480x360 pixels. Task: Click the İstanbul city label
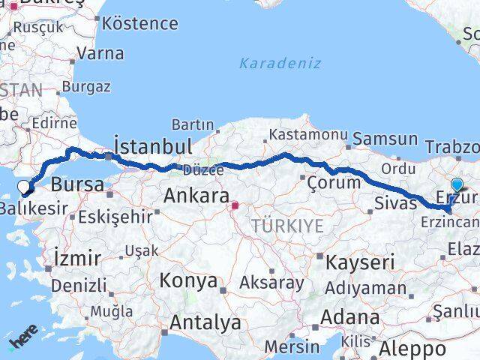[x=153, y=145]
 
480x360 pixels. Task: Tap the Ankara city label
[x=196, y=196]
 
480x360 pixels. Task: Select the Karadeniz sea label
[x=280, y=63]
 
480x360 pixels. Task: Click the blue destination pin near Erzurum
[x=457, y=184]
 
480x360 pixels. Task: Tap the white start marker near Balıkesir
[x=24, y=187]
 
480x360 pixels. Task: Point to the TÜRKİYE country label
[x=287, y=226]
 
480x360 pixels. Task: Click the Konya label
[x=188, y=281]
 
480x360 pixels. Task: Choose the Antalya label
[x=205, y=323]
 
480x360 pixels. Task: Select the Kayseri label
[x=358, y=262]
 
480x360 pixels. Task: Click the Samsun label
[x=385, y=139]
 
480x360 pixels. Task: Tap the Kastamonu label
[x=308, y=135]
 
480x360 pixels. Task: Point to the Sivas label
[x=396, y=203]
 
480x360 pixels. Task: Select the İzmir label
[x=77, y=259]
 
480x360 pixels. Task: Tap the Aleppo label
[x=411, y=348]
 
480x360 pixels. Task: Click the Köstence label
[x=139, y=22]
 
